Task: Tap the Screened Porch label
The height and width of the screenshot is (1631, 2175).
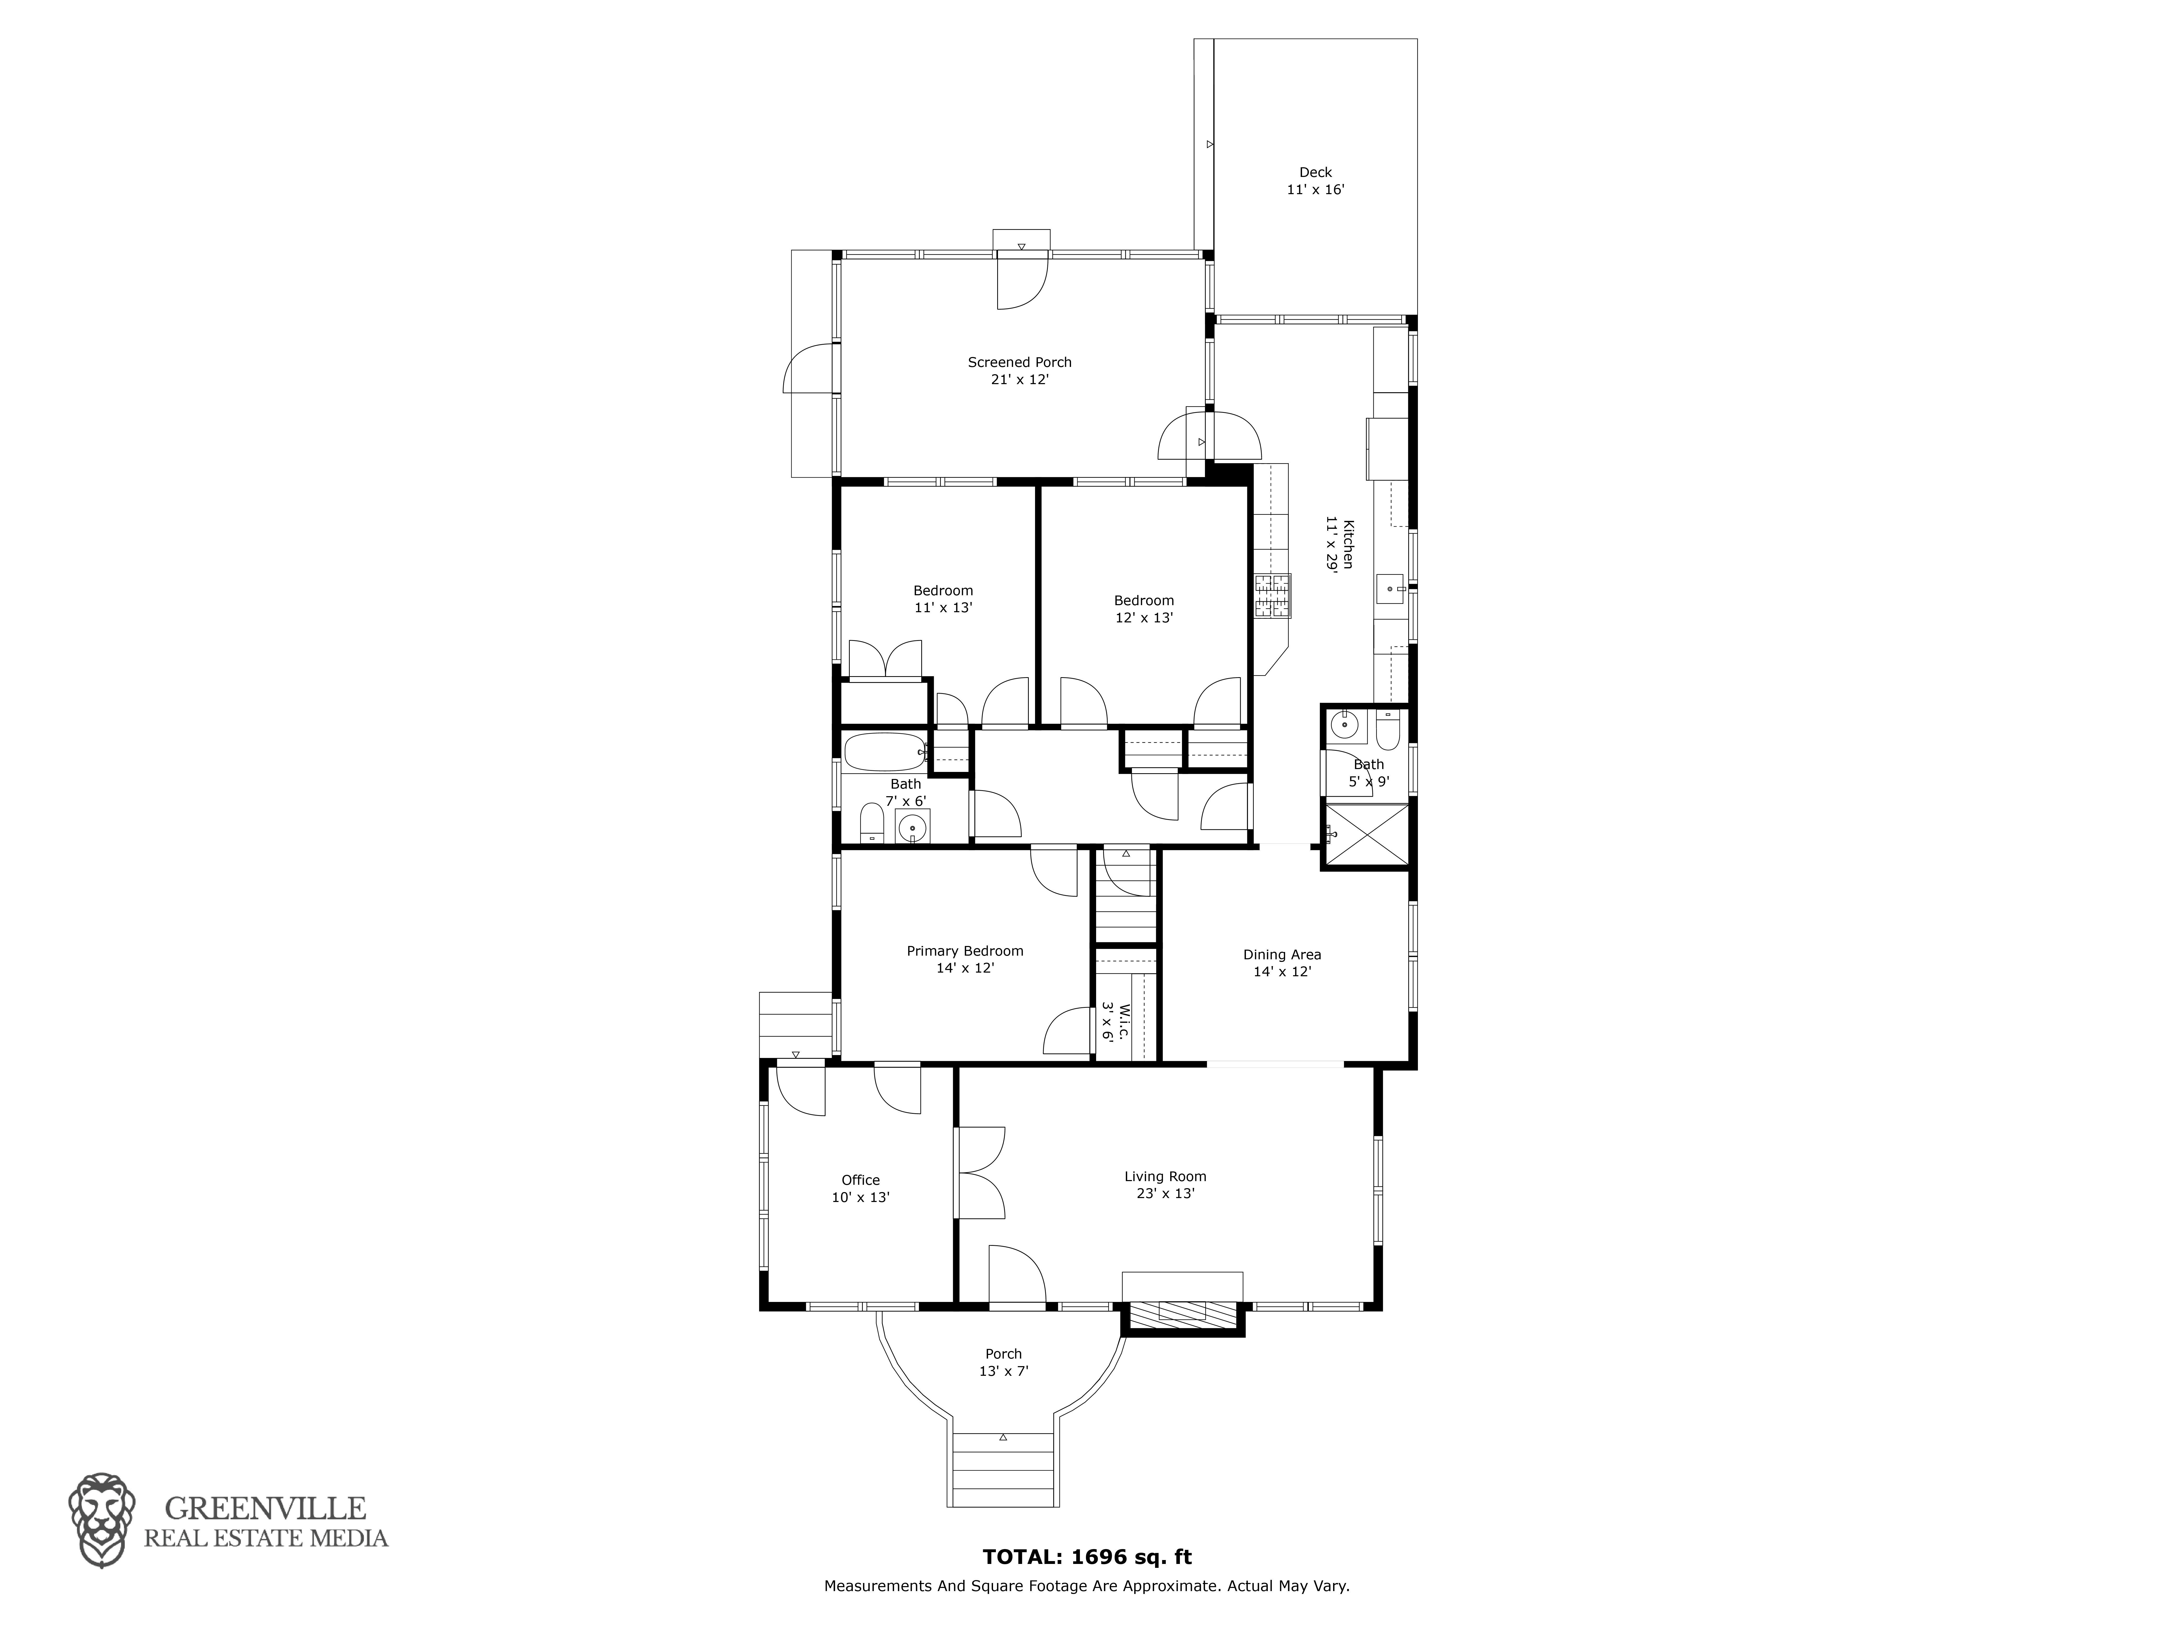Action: pos(1020,371)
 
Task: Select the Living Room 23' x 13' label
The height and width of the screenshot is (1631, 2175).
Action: pos(1165,1185)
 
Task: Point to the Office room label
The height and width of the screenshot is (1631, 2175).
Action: pos(860,1189)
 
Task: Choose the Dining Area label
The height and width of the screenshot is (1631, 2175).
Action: pos(1282,962)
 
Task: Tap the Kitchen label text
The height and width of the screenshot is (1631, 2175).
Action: pos(1340,544)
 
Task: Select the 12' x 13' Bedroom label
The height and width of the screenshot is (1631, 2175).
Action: pos(1144,609)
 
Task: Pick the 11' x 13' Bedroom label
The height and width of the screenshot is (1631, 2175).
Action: pos(943,599)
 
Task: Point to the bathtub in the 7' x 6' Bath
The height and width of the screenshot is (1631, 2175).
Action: pos(885,752)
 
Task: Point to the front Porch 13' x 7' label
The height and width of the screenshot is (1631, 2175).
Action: pos(1003,1363)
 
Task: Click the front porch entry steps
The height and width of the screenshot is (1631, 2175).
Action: pos(1003,1470)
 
